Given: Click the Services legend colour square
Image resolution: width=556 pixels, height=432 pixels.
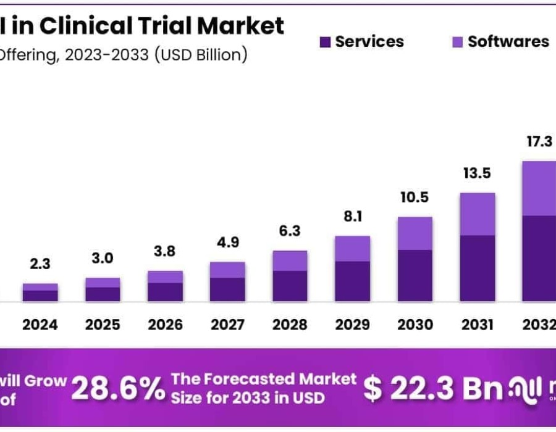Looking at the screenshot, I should point(326,42).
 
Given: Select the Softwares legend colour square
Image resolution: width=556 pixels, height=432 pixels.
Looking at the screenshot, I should point(458,42).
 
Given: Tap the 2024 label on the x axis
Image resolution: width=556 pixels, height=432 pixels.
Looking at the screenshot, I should point(40,325).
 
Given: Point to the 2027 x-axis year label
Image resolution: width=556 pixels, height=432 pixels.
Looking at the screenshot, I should point(227,325).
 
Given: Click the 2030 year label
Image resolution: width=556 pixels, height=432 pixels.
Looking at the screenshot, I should point(414,325).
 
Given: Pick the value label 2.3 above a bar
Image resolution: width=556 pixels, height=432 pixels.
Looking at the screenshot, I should point(40,264).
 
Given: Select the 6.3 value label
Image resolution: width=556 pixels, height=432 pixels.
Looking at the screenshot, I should point(290,231).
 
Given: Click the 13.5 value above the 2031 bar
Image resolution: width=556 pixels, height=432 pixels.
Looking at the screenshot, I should point(476,173).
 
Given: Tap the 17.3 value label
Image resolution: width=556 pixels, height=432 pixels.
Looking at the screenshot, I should point(539,142).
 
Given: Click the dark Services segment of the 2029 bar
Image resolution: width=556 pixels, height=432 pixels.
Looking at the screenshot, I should point(352,281).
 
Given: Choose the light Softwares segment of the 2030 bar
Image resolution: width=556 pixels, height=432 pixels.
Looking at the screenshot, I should point(415,233).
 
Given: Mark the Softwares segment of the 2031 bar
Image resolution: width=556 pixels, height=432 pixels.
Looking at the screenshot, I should point(477,214).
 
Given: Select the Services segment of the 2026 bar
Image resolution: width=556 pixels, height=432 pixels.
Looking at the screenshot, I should point(165,292).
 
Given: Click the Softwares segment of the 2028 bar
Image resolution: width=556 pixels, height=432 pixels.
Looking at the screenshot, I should point(290,260).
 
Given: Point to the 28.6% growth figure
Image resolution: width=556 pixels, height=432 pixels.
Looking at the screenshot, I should point(118,389).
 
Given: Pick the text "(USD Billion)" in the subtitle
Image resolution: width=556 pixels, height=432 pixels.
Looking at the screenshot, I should point(200,54).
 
